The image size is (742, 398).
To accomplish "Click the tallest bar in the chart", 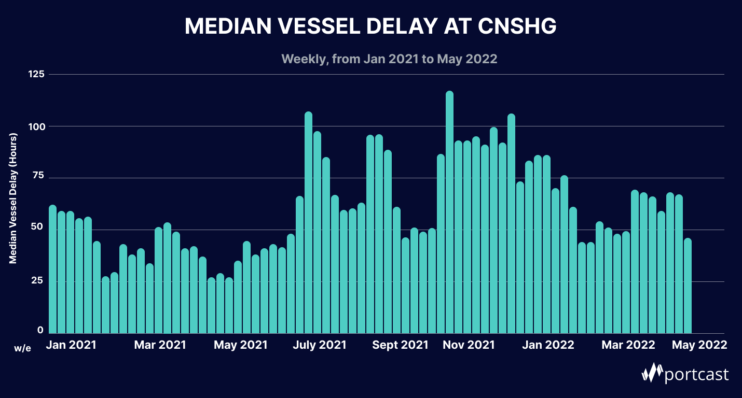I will (449, 212).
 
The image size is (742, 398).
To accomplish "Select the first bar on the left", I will (52, 269).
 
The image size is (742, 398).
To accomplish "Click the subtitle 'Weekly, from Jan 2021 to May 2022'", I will (389, 59).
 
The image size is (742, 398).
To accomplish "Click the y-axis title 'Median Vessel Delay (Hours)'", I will (13, 198).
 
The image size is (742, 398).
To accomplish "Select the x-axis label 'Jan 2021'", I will (71, 345).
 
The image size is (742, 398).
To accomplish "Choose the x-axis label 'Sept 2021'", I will (400, 345).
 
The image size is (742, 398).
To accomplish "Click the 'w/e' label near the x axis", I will (23, 348).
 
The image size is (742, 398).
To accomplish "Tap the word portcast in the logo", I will (697, 374).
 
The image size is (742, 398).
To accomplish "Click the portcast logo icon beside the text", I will (652, 373).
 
